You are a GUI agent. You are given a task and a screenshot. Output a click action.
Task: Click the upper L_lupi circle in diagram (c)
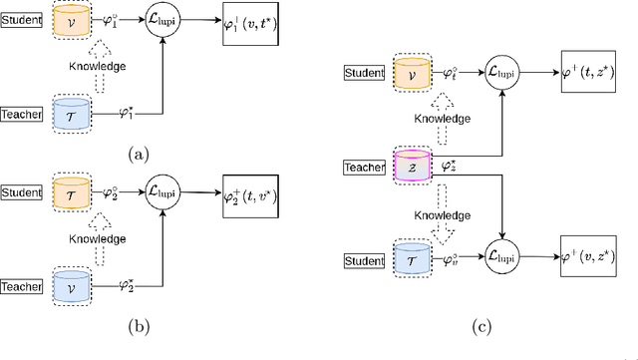pyautogui.click(x=504, y=72)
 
